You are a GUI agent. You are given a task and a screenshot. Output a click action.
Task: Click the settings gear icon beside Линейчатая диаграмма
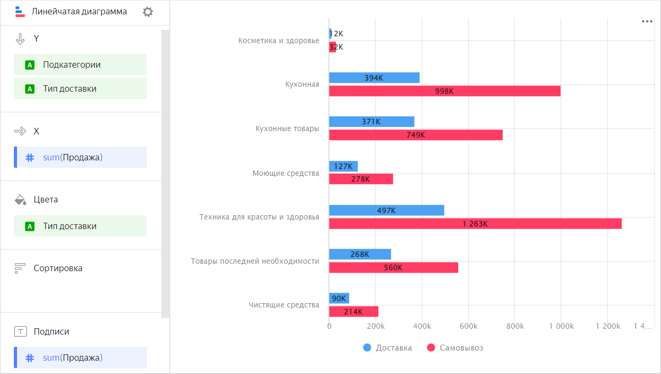point(148,12)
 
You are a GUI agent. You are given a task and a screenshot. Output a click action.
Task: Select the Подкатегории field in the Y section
point(80,64)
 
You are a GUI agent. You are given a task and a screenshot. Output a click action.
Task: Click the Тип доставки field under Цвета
point(80,226)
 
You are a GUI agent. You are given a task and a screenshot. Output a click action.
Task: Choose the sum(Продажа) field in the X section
point(80,157)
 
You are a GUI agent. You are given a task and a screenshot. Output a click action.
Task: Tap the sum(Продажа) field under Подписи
point(80,357)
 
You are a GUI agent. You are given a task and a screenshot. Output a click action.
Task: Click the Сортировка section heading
point(57,268)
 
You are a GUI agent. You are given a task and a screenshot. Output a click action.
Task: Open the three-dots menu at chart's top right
point(647,21)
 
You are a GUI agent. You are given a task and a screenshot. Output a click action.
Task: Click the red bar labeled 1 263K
point(475,224)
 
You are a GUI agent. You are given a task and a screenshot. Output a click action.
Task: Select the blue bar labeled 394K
point(374,78)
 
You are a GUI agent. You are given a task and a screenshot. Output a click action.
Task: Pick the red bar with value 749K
point(416,135)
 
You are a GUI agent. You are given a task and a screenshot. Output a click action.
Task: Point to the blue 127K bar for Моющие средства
point(343,166)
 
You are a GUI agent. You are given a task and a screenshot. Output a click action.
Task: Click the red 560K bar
point(393,267)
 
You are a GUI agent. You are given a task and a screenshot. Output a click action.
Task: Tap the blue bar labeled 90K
point(339,298)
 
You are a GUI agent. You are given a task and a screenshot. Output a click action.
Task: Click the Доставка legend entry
point(387,348)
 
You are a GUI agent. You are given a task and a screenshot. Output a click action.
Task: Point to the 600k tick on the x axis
point(468,326)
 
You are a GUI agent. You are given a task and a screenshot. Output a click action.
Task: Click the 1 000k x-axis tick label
point(561,326)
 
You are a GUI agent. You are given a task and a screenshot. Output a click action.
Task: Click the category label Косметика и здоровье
point(278,40)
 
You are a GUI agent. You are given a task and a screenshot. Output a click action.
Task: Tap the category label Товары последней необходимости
point(255,261)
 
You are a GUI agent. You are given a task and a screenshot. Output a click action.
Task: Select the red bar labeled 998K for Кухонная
point(444,91)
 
